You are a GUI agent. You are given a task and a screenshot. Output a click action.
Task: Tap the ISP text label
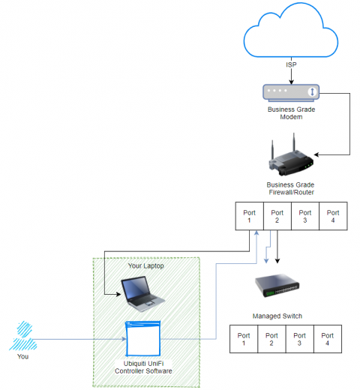(290, 65)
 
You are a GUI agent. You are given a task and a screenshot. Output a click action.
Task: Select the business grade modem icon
(290, 92)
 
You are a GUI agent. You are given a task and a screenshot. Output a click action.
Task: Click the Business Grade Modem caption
(290, 113)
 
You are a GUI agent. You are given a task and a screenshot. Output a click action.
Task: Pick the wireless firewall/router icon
(290, 156)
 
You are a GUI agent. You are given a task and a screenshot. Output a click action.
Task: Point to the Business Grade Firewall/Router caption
(290, 188)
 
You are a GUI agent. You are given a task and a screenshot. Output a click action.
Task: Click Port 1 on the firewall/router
(249, 217)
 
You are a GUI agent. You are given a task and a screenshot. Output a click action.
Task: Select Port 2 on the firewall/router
(277, 217)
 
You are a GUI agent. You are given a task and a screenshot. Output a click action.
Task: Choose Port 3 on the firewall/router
(304, 217)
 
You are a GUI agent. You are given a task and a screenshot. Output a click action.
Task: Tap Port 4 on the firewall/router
(332, 217)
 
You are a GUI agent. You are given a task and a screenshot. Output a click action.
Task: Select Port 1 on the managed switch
(244, 340)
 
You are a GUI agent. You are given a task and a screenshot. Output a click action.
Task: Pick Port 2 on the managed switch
(271, 340)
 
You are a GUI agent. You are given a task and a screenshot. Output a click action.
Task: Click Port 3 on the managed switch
(299, 340)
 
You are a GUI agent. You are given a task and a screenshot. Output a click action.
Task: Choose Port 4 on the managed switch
(327, 340)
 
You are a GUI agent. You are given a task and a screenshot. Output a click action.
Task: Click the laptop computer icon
(142, 293)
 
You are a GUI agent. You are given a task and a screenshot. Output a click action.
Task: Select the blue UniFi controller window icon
(143, 338)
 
